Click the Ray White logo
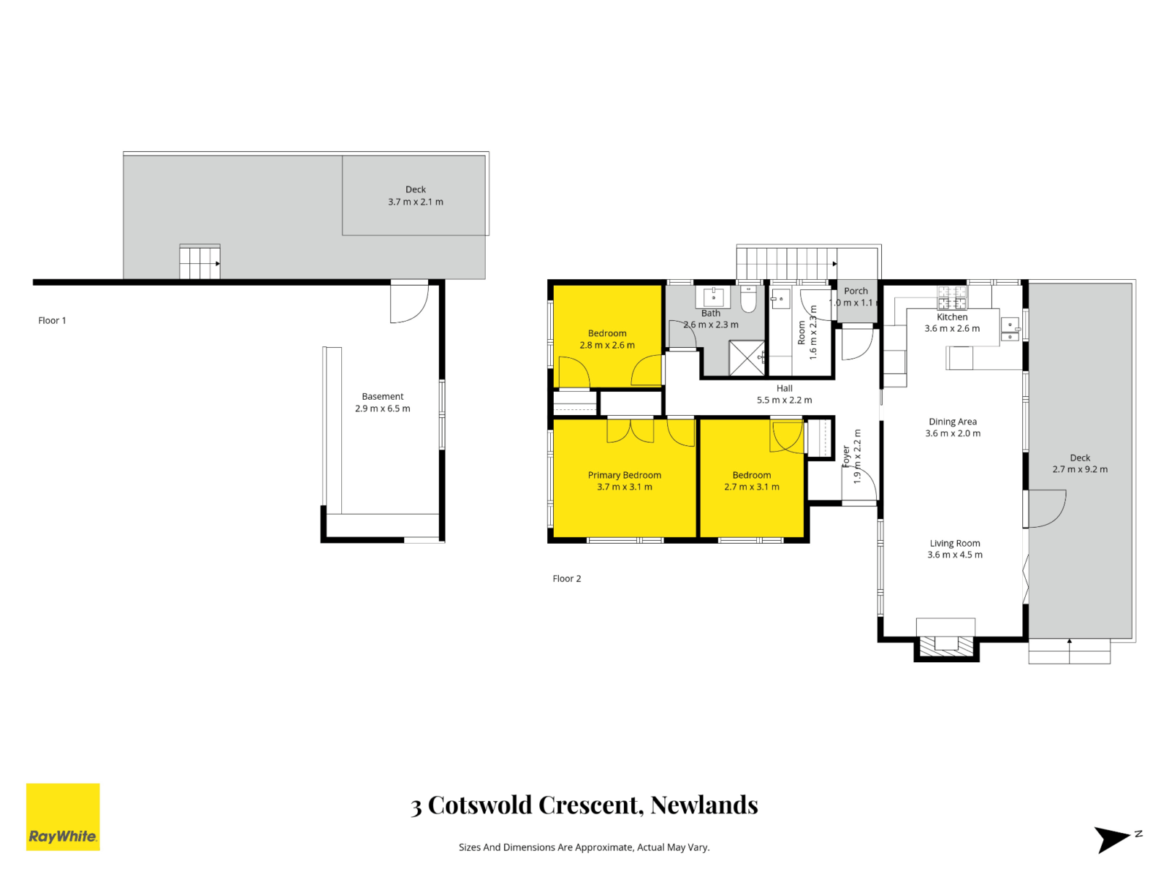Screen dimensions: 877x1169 [x=63, y=816]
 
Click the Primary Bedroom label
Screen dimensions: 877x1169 [x=624, y=475]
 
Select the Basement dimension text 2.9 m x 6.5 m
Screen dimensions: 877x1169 [x=382, y=409]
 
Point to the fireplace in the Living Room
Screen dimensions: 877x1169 [x=946, y=644]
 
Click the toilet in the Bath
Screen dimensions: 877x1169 [x=749, y=299]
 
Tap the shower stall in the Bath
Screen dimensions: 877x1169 [x=747, y=358]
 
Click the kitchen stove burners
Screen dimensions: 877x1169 [x=952, y=297]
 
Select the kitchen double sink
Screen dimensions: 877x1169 [x=1010, y=330]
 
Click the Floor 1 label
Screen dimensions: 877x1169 [x=52, y=320]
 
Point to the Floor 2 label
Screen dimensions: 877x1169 [x=566, y=578]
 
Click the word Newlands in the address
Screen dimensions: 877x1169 [x=704, y=805]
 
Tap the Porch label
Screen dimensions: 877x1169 [x=856, y=291]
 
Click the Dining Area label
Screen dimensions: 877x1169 [x=952, y=422]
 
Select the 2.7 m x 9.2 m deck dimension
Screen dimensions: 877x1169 [x=1079, y=469]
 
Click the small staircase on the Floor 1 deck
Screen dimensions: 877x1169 [x=199, y=262]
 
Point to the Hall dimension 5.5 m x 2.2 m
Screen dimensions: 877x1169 [x=784, y=400]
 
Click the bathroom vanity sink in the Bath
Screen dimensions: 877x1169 [x=713, y=297]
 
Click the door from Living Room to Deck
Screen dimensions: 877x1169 [x=1046, y=509]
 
